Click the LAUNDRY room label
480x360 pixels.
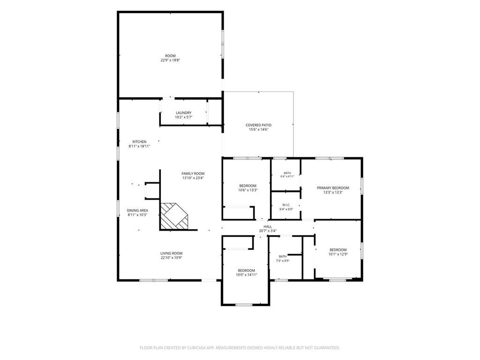(184, 113)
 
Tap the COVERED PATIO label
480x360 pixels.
(258, 125)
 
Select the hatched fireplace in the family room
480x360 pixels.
(174, 216)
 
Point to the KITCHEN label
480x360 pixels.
(139, 142)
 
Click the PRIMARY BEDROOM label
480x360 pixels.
(333, 188)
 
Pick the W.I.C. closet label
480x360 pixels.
(286, 205)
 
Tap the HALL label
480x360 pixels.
(268, 227)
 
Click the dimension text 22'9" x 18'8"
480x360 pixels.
(170, 60)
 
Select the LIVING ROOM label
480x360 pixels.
(172, 254)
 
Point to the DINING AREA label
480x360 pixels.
(137, 210)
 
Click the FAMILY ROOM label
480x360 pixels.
(193, 173)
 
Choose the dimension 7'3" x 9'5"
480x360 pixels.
(283, 261)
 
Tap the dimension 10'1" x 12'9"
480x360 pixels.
(338, 254)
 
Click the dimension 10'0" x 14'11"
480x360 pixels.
(247, 275)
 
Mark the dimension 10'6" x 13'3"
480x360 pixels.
(248, 190)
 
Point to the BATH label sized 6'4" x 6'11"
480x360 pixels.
(287, 173)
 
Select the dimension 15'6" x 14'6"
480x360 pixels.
(259, 130)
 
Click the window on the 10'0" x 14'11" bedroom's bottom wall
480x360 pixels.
(244, 305)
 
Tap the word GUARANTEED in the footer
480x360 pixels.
(327, 348)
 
